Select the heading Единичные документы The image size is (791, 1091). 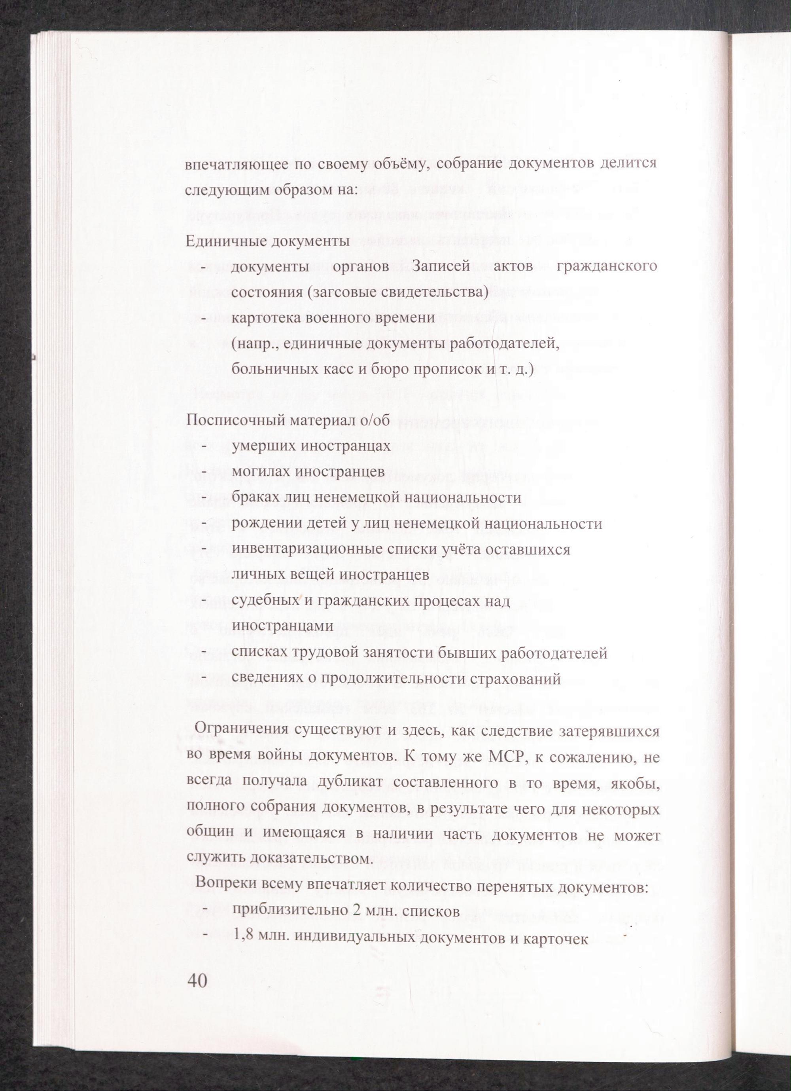[267, 241]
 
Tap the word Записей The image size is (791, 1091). [441, 266]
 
